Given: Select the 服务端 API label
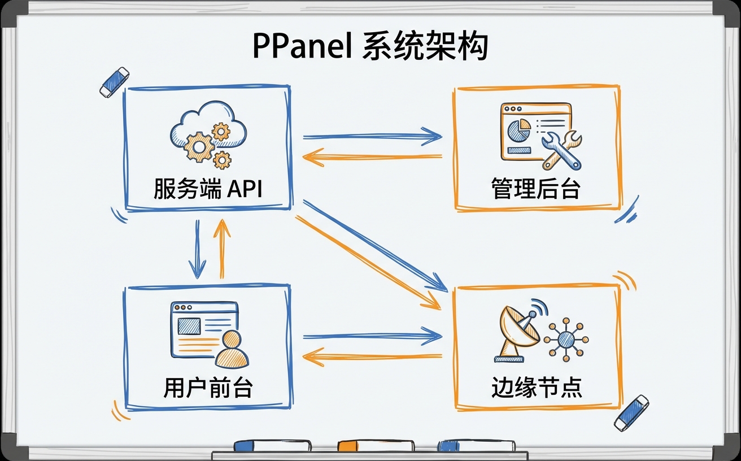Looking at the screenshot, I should [x=208, y=190].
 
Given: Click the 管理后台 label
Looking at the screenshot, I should [x=536, y=190].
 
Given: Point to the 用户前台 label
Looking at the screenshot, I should [x=208, y=389].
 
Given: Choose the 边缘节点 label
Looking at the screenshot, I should [x=536, y=389].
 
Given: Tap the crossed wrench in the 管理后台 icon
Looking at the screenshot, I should [x=561, y=150].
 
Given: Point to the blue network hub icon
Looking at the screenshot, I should [x=566, y=339].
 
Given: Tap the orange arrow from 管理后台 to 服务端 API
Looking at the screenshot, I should [x=373, y=158].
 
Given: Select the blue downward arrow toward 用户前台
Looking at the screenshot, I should [x=197, y=249].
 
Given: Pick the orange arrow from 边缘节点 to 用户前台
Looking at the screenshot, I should [x=373, y=356].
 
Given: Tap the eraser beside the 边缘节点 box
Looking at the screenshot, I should [x=632, y=412].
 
